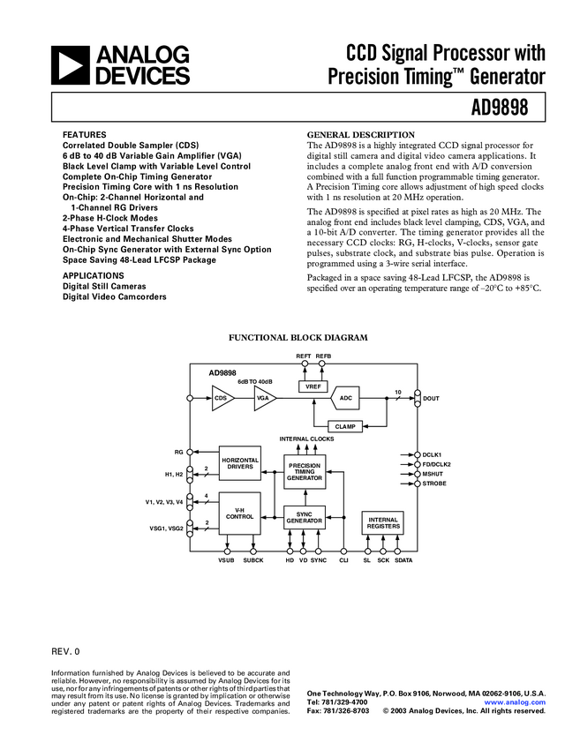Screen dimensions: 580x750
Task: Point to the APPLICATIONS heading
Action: tap(93, 276)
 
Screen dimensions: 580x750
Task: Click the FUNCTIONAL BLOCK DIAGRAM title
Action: tap(298, 338)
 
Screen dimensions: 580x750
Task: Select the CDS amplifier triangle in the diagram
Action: tap(222, 399)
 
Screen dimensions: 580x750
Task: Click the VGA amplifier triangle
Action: tap(264, 399)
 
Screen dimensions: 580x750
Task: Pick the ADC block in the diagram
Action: tap(347, 399)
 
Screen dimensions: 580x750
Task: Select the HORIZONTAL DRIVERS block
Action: tap(239, 463)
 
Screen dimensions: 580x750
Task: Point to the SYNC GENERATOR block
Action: tap(304, 519)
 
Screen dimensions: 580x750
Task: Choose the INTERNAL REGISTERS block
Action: tap(383, 523)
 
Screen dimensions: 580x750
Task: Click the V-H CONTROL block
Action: tap(239, 514)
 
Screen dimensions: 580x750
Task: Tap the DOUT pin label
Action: tap(431, 399)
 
